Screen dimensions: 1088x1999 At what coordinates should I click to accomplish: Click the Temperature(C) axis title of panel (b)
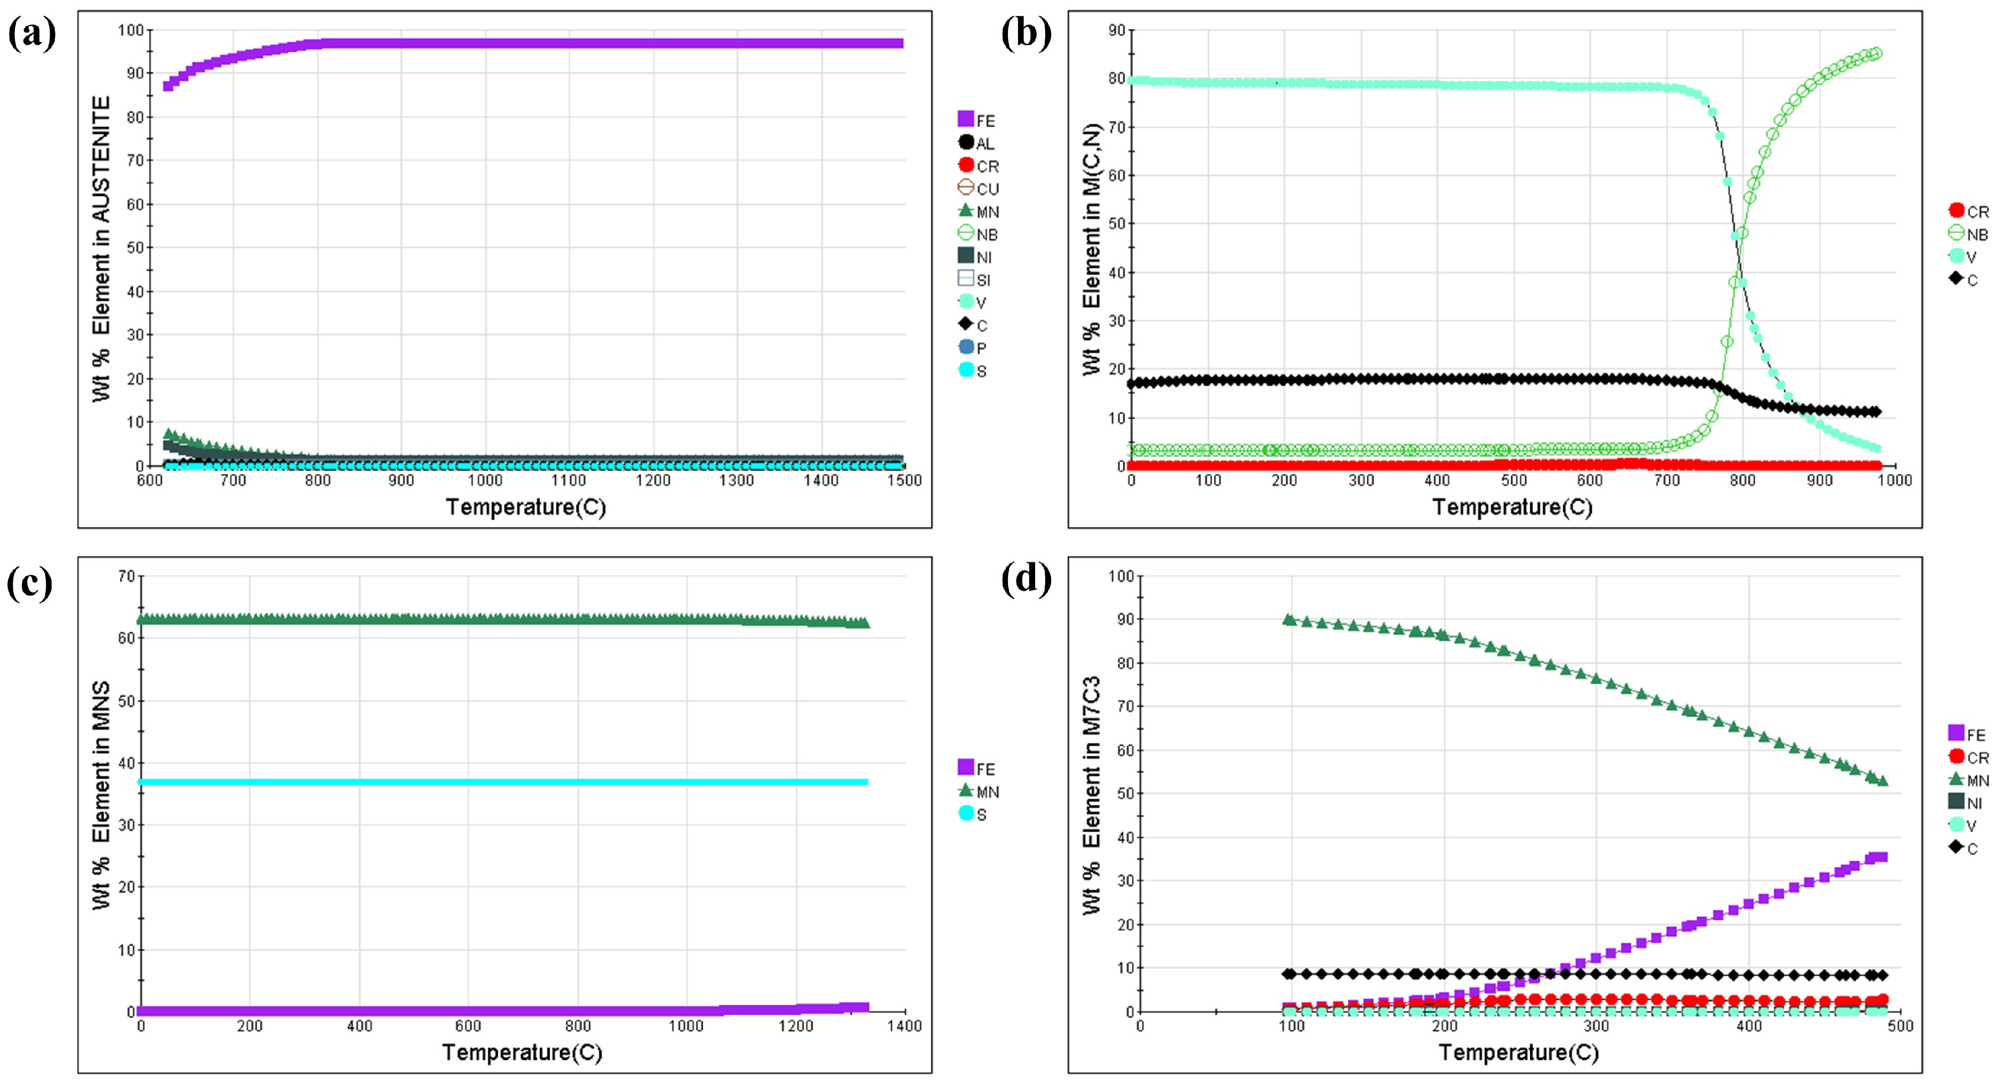point(1512,507)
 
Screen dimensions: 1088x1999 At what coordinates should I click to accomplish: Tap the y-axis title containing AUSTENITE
point(102,248)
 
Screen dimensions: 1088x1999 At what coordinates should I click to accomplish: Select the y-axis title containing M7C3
point(1092,794)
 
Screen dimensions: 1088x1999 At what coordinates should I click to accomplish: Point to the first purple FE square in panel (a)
point(168,86)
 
